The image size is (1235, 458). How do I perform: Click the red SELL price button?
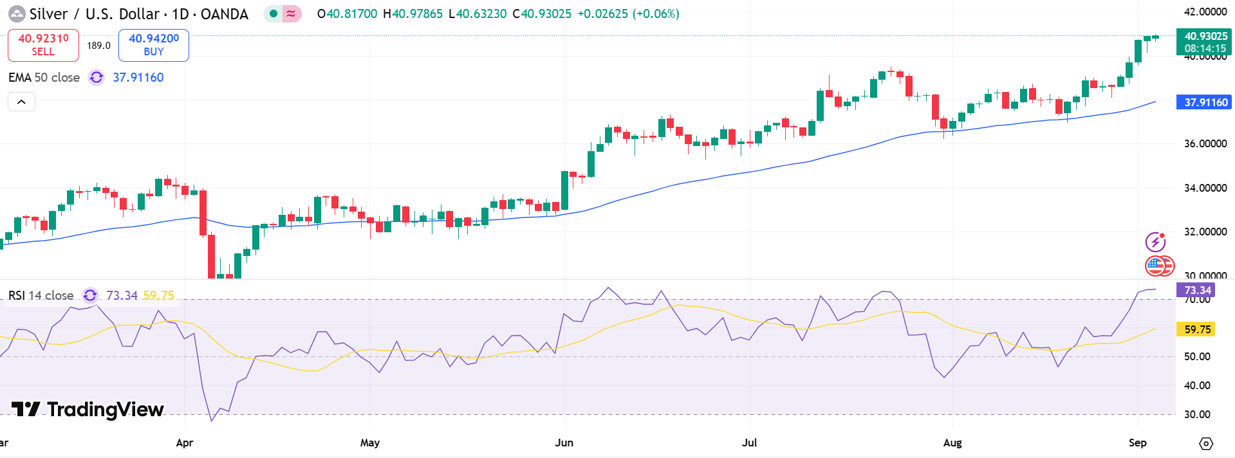43,45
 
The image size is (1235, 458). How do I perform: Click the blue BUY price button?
154,45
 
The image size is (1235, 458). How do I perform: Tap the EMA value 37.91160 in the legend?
138,77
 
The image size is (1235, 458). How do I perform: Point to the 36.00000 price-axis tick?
1205,143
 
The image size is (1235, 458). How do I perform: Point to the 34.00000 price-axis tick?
1205,188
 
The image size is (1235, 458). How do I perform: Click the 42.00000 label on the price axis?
1205,12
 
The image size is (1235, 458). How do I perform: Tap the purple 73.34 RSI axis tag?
1196,290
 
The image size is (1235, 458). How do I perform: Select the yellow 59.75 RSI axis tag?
1196,329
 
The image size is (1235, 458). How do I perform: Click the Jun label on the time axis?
564,443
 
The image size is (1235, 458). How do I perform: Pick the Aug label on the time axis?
952,443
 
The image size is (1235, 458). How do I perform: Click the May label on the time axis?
369,443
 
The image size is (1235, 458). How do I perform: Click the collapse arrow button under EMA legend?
21,102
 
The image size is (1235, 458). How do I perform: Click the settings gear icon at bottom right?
1206,444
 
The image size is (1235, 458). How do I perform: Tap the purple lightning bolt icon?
1155,242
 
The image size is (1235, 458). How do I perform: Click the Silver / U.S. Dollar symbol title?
138,14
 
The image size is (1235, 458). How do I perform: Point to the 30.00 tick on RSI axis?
1197,414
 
